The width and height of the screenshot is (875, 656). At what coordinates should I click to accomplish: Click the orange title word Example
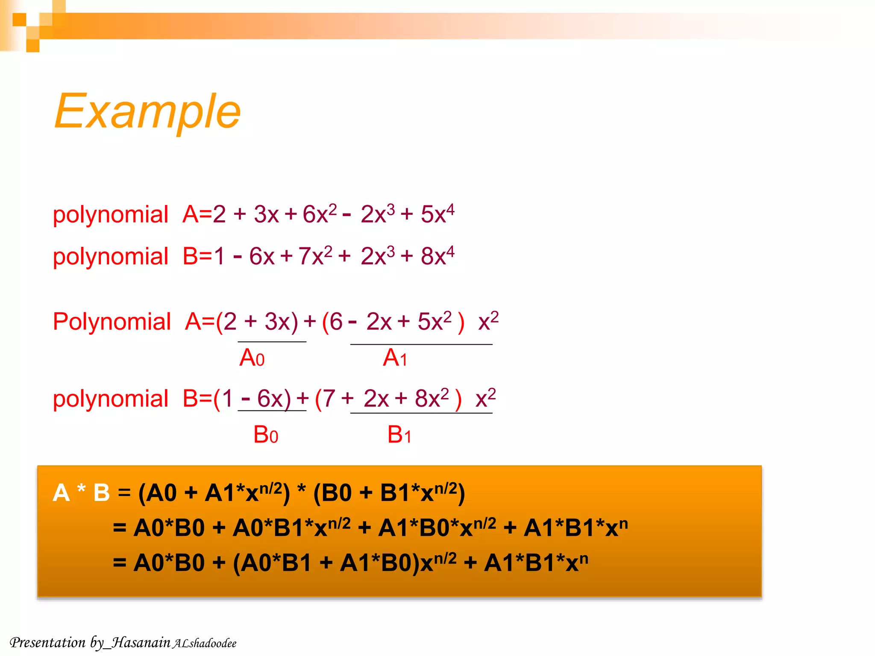pyautogui.click(x=147, y=112)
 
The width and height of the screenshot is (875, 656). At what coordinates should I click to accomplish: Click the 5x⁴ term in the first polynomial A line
pyautogui.click(x=437, y=214)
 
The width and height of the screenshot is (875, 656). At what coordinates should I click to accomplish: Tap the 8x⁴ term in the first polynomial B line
pyautogui.click(x=437, y=256)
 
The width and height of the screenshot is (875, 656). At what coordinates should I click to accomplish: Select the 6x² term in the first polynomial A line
pyautogui.click(x=319, y=214)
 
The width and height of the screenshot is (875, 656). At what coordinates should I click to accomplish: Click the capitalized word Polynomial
pyautogui.click(x=112, y=321)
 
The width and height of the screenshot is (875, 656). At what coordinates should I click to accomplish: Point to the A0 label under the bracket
pyautogui.click(x=252, y=357)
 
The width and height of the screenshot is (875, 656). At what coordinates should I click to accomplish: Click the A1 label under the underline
pyautogui.click(x=395, y=357)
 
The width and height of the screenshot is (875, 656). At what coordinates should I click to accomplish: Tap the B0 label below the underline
pyautogui.click(x=265, y=435)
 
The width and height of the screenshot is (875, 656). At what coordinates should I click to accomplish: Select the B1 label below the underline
pyautogui.click(x=399, y=435)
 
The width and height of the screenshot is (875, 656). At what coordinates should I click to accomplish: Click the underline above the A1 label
pyautogui.click(x=421, y=344)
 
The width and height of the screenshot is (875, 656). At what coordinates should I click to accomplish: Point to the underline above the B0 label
pyautogui.click(x=272, y=411)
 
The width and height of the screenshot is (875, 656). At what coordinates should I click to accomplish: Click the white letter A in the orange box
pyautogui.click(x=61, y=492)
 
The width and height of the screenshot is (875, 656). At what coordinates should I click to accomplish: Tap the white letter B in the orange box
pyautogui.click(x=102, y=492)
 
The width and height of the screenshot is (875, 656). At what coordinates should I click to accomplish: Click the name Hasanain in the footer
pyautogui.click(x=141, y=642)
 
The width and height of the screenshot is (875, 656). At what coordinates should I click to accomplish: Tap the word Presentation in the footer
pyautogui.click(x=47, y=642)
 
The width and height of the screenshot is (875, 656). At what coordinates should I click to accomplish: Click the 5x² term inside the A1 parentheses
pyautogui.click(x=434, y=321)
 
